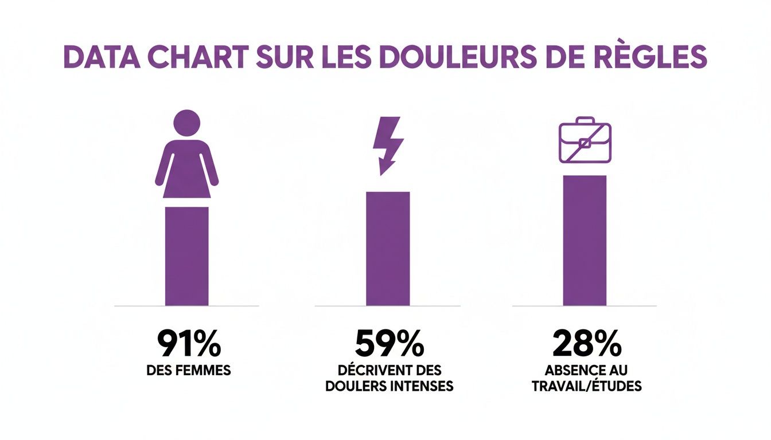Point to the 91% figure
click(x=189, y=343)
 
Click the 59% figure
click(x=390, y=343)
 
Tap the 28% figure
click(x=587, y=343)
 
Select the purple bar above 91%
click(x=187, y=256)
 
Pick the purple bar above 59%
click(x=388, y=249)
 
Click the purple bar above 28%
click(x=585, y=241)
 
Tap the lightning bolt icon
click(x=386, y=144)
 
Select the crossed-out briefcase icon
click(x=585, y=140)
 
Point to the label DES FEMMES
click(x=189, y=371)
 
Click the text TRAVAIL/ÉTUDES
click(x=587, y=386)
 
